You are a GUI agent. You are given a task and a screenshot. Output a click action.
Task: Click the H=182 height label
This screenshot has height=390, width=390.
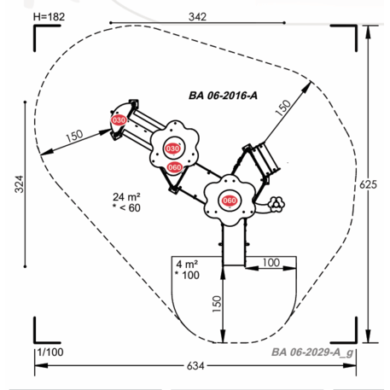[x=49, y=17]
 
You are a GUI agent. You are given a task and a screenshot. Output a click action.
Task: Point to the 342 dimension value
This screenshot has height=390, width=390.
[x=197, y=17]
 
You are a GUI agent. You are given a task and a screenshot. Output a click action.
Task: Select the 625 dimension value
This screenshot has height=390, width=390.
[x=368, y=184]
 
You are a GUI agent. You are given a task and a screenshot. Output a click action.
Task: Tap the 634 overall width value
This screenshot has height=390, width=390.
[x=195, y=366]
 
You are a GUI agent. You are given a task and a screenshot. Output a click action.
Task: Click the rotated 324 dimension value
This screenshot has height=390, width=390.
[x=19, y=184]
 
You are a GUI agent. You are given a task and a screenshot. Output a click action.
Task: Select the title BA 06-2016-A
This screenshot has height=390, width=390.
[x=223, y=96]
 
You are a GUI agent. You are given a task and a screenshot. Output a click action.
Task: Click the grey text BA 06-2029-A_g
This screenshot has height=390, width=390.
[x=312, y=352]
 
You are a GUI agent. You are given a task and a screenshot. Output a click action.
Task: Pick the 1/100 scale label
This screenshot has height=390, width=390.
[x=50, y=352]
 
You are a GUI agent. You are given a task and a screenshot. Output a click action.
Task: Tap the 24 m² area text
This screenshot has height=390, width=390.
[x=126, y=197]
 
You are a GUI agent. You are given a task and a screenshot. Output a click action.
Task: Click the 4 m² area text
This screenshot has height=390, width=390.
[x=187, y=265]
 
